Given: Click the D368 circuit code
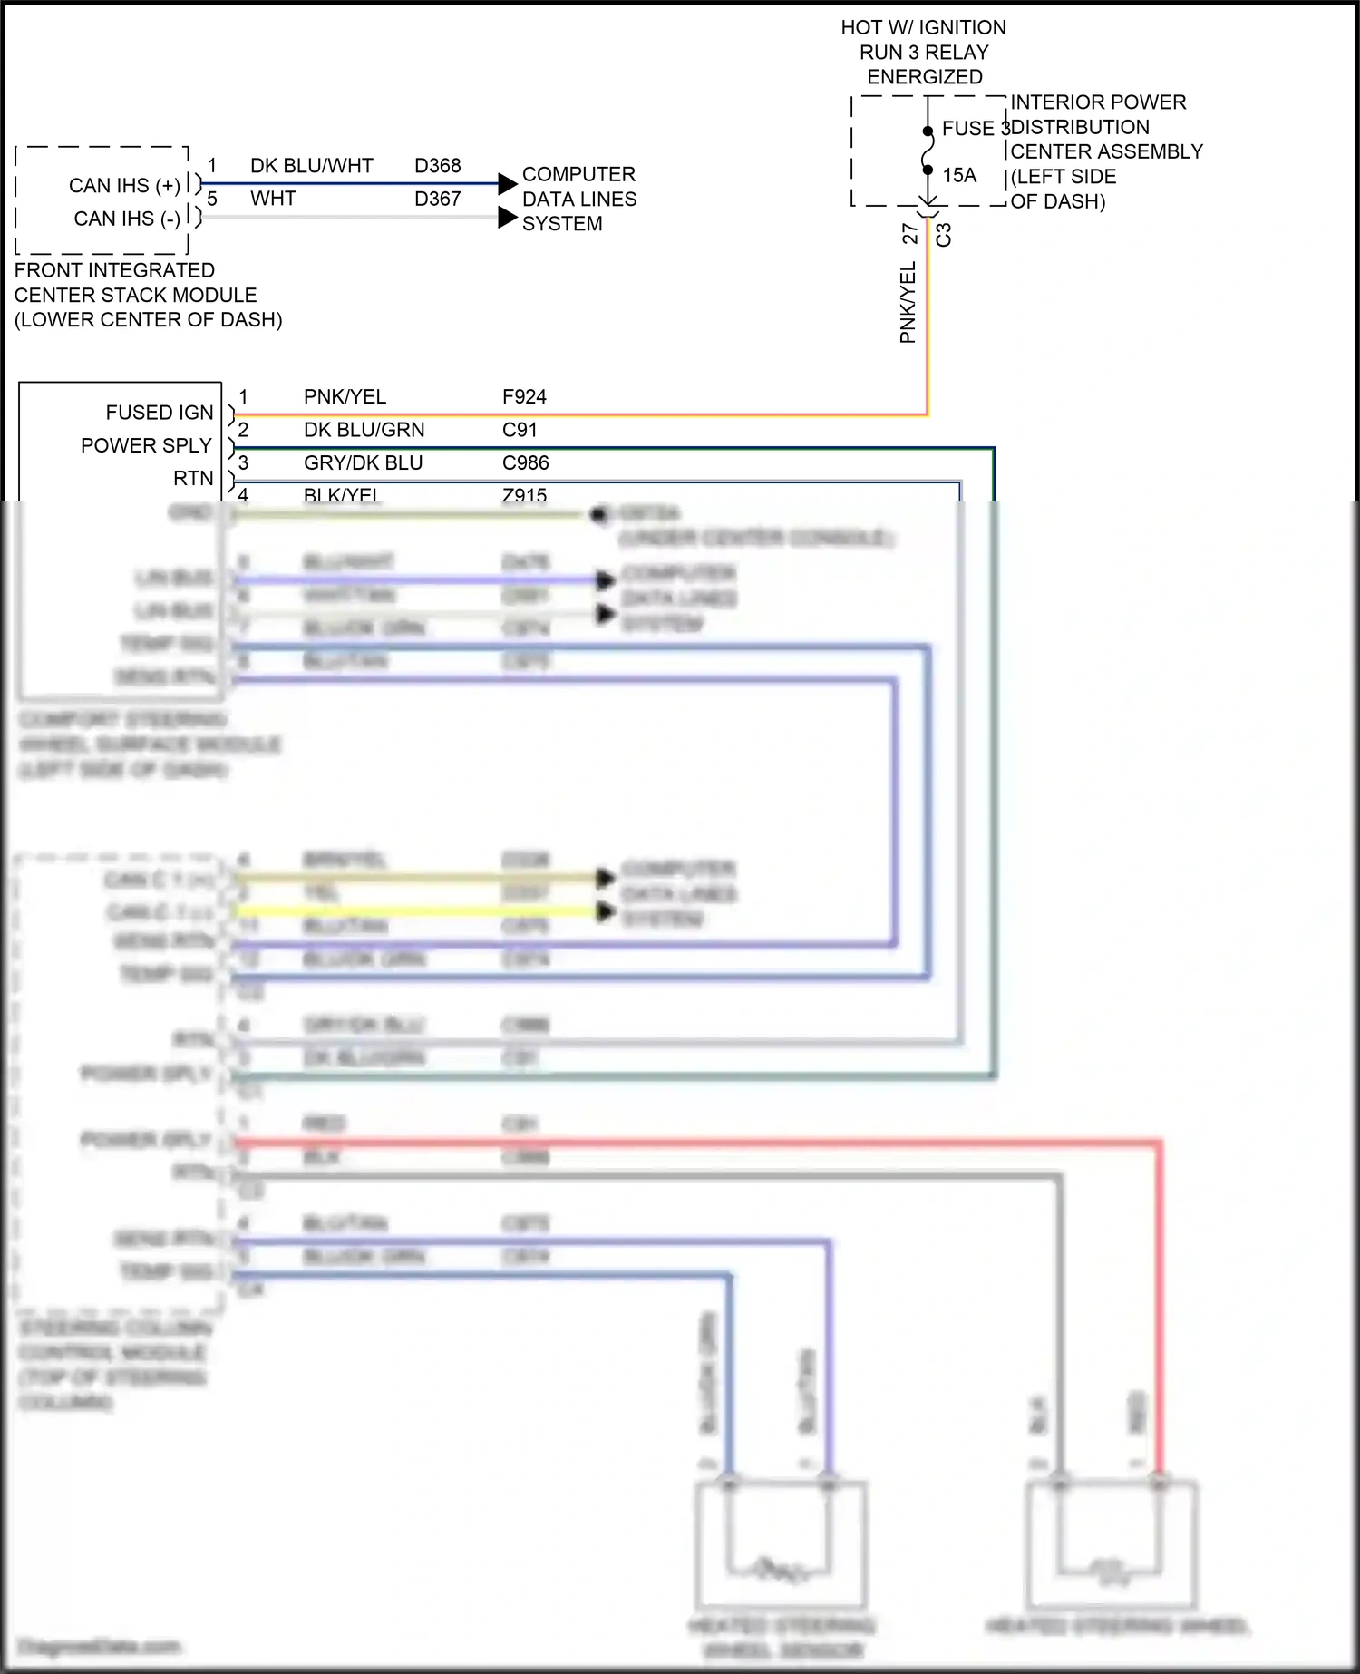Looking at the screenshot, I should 437,166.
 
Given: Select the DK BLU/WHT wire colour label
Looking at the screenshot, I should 311,166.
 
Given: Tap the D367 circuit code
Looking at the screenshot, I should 437,199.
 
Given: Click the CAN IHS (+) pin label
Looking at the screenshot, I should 124,186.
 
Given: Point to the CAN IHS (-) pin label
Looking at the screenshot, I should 127,219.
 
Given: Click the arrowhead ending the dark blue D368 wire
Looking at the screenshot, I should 508,184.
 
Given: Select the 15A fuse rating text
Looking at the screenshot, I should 959,176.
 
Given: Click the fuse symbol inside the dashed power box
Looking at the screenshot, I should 928,151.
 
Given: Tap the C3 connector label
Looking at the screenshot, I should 944,235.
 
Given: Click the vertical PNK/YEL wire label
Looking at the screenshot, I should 908,303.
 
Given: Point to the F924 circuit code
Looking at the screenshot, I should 524,397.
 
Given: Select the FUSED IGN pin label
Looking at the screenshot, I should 159,413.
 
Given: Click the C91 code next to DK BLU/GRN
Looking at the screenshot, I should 520,430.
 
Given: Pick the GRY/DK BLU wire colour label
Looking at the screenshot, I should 363,463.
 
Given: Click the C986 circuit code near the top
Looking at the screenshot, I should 525,463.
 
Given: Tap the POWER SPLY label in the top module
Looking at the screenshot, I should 145,446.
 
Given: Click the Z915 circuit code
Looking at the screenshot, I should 524,495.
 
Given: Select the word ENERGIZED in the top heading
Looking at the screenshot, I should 924,77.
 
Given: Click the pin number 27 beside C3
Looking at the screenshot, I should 910,234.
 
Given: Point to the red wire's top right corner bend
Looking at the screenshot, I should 1159,1144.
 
